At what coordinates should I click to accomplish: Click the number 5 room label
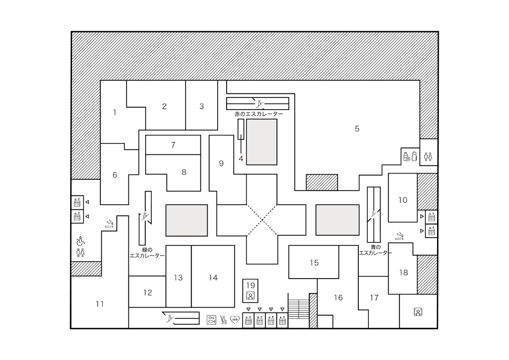357,129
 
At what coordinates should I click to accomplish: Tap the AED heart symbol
235,320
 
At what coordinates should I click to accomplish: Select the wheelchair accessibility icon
80,241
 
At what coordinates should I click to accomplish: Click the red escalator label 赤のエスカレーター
259,114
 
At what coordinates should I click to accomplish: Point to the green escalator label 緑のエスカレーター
147,253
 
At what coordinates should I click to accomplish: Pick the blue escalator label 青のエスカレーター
376,250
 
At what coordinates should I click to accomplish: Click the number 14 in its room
213,278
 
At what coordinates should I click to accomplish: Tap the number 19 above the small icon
251,286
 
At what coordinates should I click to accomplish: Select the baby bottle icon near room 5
414,156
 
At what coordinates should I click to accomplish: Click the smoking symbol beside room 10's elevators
400,236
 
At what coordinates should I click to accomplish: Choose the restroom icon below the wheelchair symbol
81,253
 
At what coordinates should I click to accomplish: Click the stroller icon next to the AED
224,320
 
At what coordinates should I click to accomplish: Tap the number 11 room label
100,304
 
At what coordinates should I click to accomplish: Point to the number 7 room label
173,145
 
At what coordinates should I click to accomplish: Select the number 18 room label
404,273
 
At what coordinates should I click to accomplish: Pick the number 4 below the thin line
241,159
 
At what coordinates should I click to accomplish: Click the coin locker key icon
211,320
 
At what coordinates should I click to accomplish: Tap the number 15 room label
314,263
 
